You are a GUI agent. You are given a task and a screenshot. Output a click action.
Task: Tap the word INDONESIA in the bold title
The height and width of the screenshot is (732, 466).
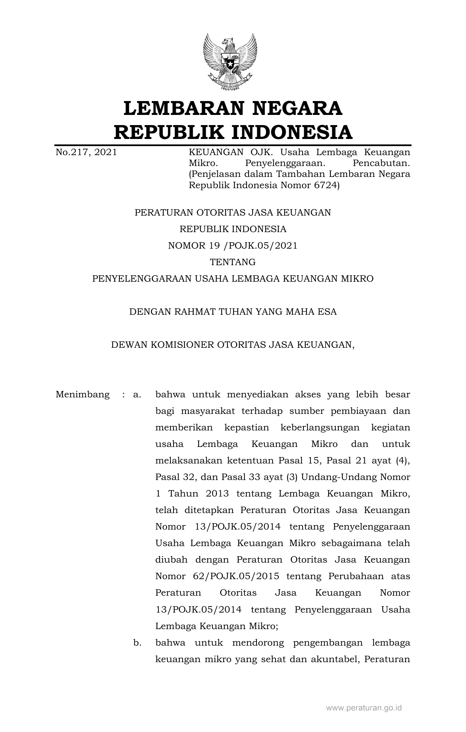pyautogui.click(x=291, y=132)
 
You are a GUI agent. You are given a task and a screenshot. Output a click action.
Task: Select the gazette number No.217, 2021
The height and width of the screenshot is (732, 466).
pyautogui.click(x=86, y=152)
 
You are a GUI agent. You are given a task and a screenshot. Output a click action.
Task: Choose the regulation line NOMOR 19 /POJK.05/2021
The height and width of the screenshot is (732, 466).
pyautogui.click(x=233, y=246)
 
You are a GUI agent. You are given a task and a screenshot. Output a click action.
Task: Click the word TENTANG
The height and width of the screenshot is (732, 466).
pyautogui.click(x=233, y=262)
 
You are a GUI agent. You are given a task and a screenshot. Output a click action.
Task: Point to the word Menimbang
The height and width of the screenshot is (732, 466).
pyautogui.click(x=83, y=395)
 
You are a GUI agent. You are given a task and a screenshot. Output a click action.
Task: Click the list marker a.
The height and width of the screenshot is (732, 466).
pyautogui.click(x=137, y=395)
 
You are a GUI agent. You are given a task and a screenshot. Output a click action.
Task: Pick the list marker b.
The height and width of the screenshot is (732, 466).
pyautogui.click(x=137, y=643)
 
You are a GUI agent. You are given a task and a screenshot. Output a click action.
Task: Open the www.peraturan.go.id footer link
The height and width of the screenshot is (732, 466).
pyautogui.click(x=364, y=708)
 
